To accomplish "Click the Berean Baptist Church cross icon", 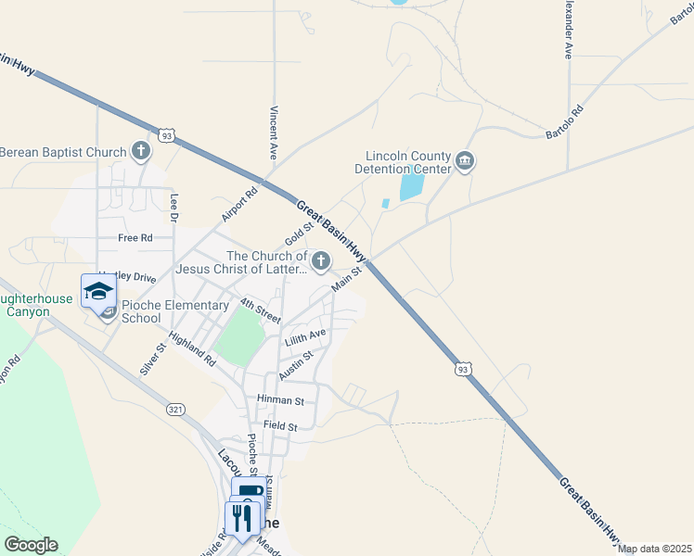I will point(141,151).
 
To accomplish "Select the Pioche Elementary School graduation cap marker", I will point(98,291).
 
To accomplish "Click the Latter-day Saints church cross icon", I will point(321,262).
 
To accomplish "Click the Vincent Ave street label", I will point(274,133).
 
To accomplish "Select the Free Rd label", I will point(135,238).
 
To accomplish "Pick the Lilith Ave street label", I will point(306,336).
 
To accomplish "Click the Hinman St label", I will point(280,400).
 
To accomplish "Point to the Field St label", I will point(279,426).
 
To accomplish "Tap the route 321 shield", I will point(174,409).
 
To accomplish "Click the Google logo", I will point(31,545).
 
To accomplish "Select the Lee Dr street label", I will point(173,208).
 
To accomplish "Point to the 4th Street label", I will point(259,310).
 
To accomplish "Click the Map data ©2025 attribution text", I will point(655,549).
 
